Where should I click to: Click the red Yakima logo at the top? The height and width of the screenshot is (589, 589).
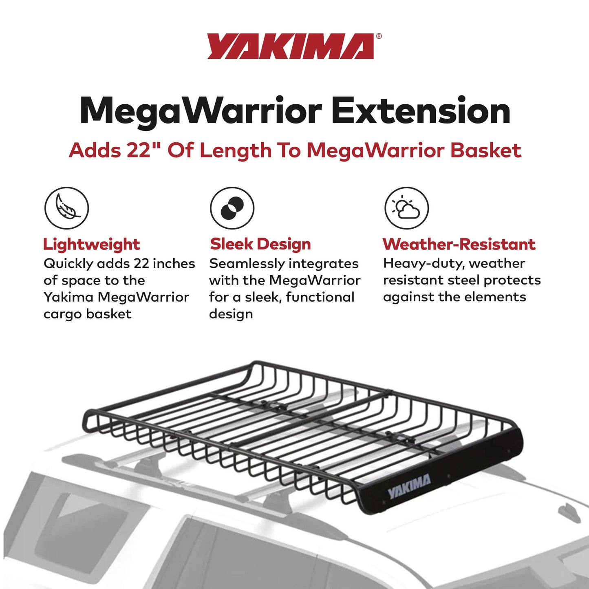pyautogui.click(x=290, y=46)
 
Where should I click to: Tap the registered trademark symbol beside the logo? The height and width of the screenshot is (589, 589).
pyautogui.click(x=379, y=36)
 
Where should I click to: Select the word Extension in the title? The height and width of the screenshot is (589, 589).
pyautogui.click(x=421, y=111)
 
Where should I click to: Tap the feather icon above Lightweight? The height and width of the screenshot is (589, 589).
pyautogui.click(x=66, y=208)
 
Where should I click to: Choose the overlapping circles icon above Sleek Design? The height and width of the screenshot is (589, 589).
pyautogui.click(x=232, y=208)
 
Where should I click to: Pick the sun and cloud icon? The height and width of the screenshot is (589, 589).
pyautogui.click(x=406, y=208)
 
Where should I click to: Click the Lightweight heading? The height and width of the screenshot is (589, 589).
pyautogui.click(x=91, y=245)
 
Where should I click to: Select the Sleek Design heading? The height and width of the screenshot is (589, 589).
pyautogui.click(x=260, y=244)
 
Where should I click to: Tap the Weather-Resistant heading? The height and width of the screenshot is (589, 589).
pyautogui.click(x=459, y=244)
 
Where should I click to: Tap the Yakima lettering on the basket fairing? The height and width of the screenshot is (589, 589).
pyautogui.click(x=409, y=486)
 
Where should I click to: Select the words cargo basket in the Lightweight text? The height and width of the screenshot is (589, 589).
pyautogui.click(x=87, y=314)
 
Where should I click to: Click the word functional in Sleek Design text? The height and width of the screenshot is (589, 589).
pyautogui.click(x=320, y=297)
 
